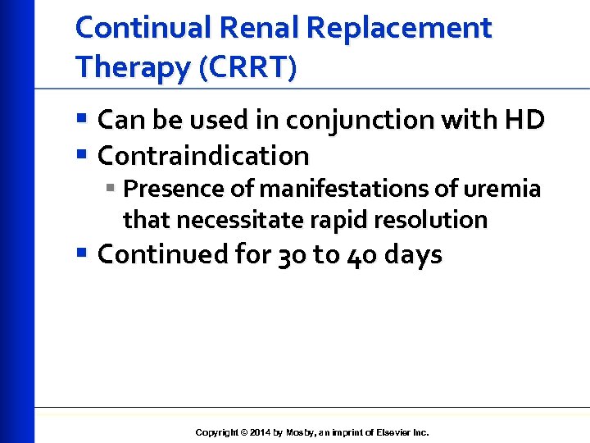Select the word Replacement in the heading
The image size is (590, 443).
(398, 28)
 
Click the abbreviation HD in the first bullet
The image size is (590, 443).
(525, 121)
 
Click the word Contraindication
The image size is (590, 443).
(203, 155)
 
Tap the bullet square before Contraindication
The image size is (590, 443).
(81, 155)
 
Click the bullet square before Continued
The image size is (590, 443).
(81, 254)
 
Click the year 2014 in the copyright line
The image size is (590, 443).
(258, 432)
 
